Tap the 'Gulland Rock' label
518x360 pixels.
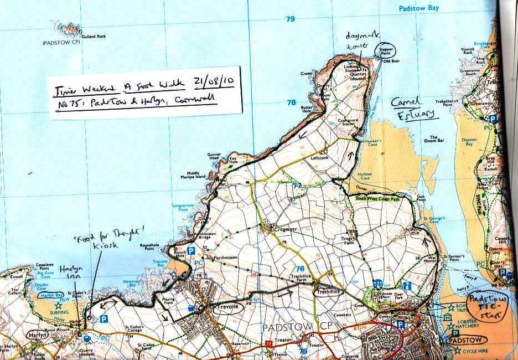point(94,37)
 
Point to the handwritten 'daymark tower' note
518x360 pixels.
point(358,40)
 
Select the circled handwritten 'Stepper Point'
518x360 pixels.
point(385,51)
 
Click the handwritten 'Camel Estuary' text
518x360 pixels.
point(411,108)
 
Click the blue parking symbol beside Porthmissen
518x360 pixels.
point(191,251)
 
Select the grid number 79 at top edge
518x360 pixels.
point(291,19)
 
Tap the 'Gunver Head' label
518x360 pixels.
point(214,156)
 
